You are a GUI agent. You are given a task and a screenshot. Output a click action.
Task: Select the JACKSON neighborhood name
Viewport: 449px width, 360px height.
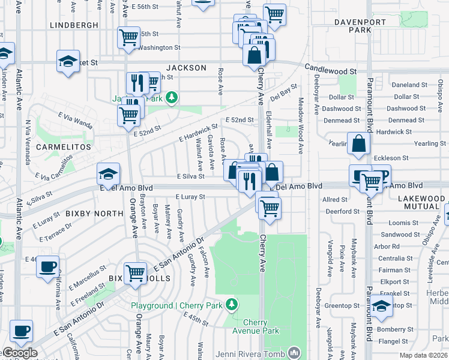coord(186,68)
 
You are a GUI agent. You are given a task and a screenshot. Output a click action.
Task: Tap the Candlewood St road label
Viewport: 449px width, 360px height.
coord(330,71)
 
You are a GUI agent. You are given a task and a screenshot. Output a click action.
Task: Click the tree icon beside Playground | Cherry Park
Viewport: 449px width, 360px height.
coord(232,305)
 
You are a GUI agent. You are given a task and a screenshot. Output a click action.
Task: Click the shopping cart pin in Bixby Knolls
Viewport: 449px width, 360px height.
coord(136,272)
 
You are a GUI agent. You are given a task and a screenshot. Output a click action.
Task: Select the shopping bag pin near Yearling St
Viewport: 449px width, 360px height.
coord(358,144)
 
